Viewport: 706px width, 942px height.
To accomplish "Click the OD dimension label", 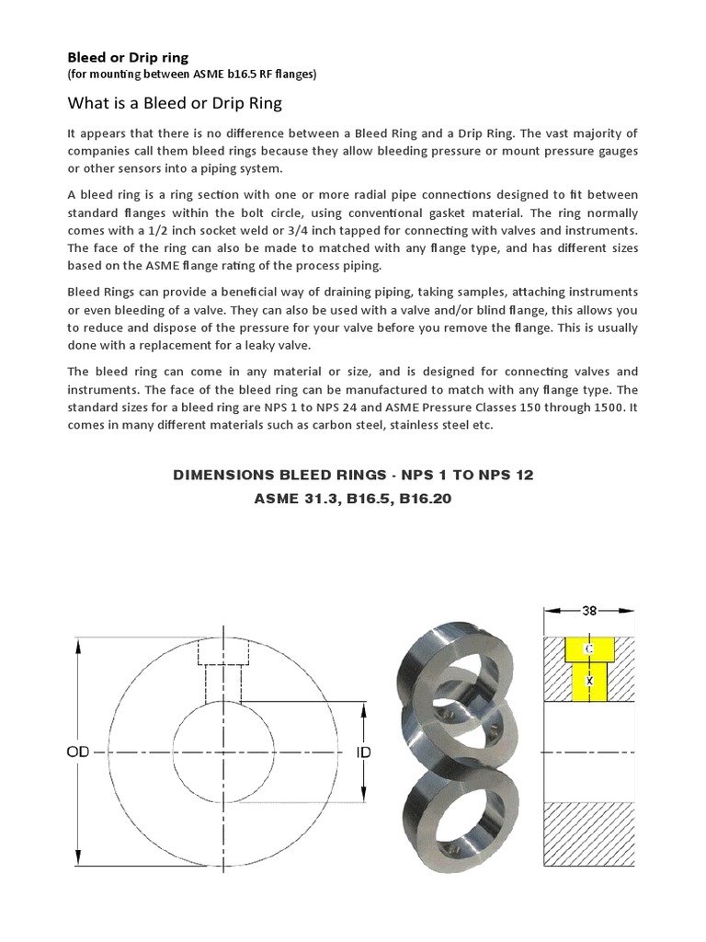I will coord(77,752).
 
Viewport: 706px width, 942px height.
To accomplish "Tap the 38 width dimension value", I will coord(590,610).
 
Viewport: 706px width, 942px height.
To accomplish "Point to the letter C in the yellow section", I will coord(590,649).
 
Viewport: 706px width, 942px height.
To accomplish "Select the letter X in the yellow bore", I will coord(590,682).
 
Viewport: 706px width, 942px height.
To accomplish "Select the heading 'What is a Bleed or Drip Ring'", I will coord(174,103).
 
